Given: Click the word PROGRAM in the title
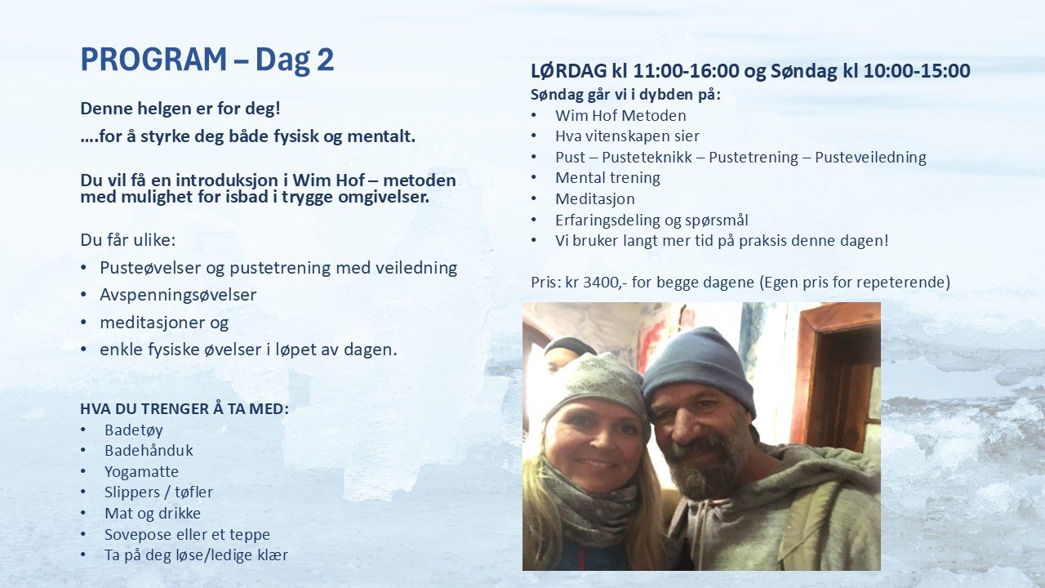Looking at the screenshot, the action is (153, 60).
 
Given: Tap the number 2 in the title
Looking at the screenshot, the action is (326, 60).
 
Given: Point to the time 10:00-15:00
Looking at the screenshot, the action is (917, 71).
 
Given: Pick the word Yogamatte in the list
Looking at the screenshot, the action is (141, 471).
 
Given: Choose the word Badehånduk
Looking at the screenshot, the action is (149, 450).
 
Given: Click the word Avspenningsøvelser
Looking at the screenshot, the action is (178, 295).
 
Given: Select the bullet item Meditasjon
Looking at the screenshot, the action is (595, 198).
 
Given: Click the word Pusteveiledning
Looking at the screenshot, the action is (870, 158).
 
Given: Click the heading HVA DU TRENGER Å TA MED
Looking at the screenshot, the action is (185, 409).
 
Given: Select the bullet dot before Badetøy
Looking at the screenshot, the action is (83, 430).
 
